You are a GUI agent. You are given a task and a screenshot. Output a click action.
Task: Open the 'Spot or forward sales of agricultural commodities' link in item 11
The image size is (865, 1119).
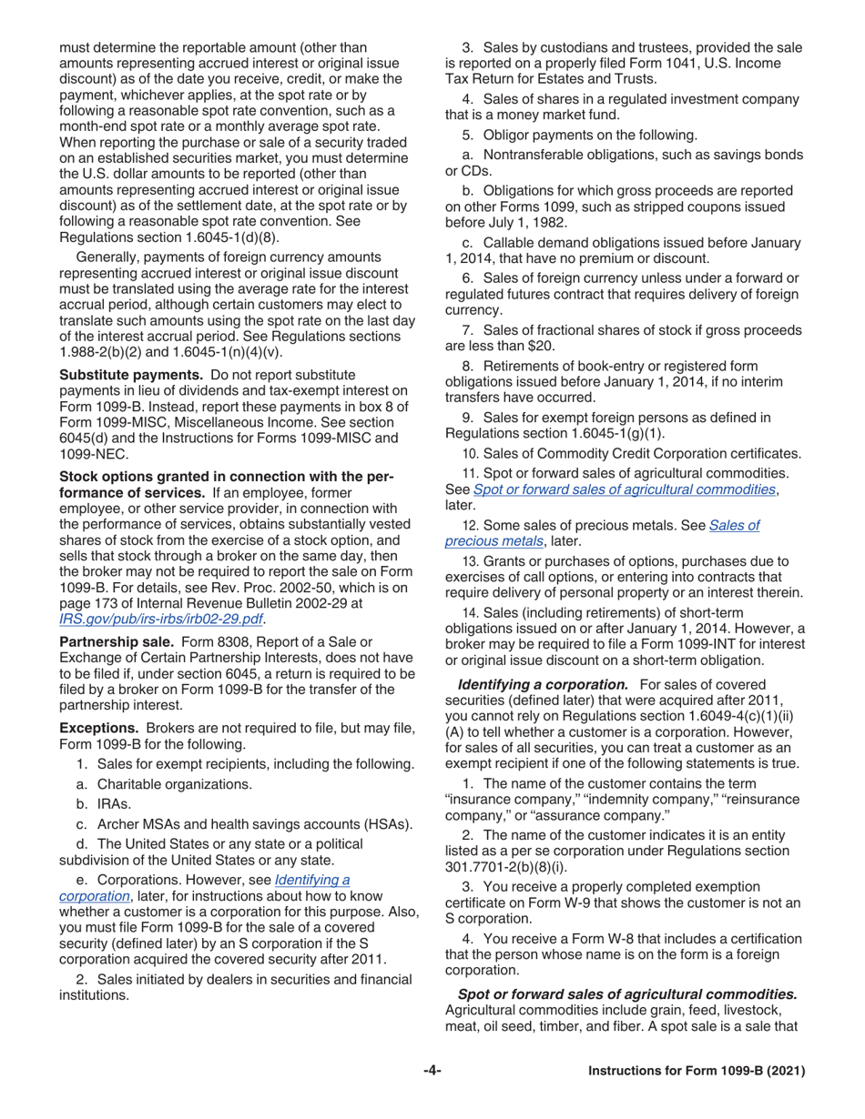point(624,489)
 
